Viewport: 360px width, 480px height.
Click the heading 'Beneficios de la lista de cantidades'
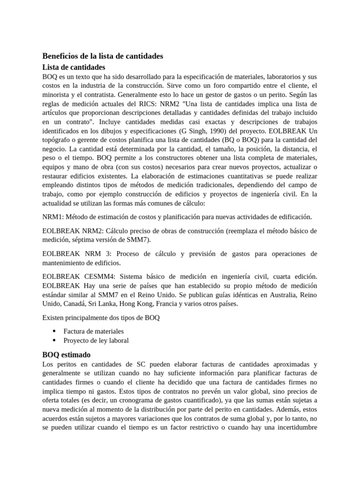(103, 56)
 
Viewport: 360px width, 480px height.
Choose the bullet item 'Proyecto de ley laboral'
(96, 341)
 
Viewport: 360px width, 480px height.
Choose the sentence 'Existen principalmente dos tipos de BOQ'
(101, 318)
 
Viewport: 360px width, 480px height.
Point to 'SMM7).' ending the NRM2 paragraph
(139, 240)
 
